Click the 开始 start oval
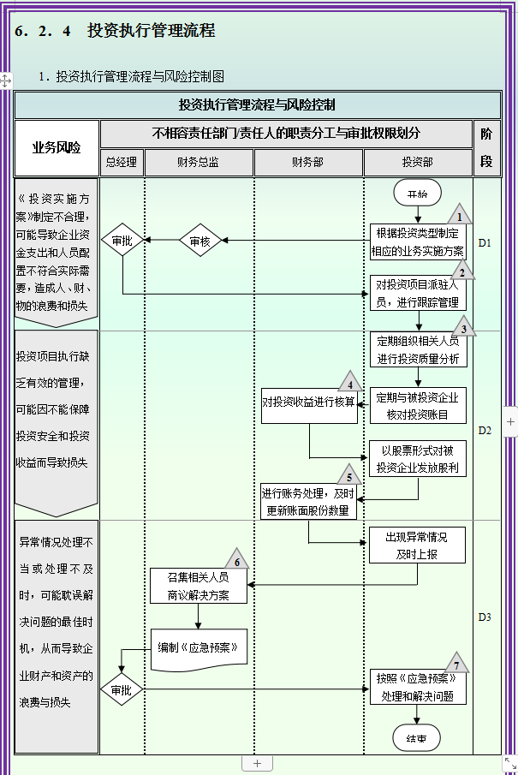point(418,194)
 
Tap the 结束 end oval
point(417,737)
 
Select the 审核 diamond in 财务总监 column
point(199,241)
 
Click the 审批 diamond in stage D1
point(122,241)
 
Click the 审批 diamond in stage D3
point(122,690)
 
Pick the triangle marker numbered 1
point(459,215)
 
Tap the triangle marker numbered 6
point(236,560)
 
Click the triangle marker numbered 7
point(456,663)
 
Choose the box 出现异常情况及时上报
point(418,545)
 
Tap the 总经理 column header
point(122,162)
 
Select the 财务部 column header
point(308,162)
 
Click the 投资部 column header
point(418,162)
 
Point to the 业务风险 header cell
point(57,147)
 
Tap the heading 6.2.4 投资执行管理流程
point(115,32)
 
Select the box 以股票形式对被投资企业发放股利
point(418,459)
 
